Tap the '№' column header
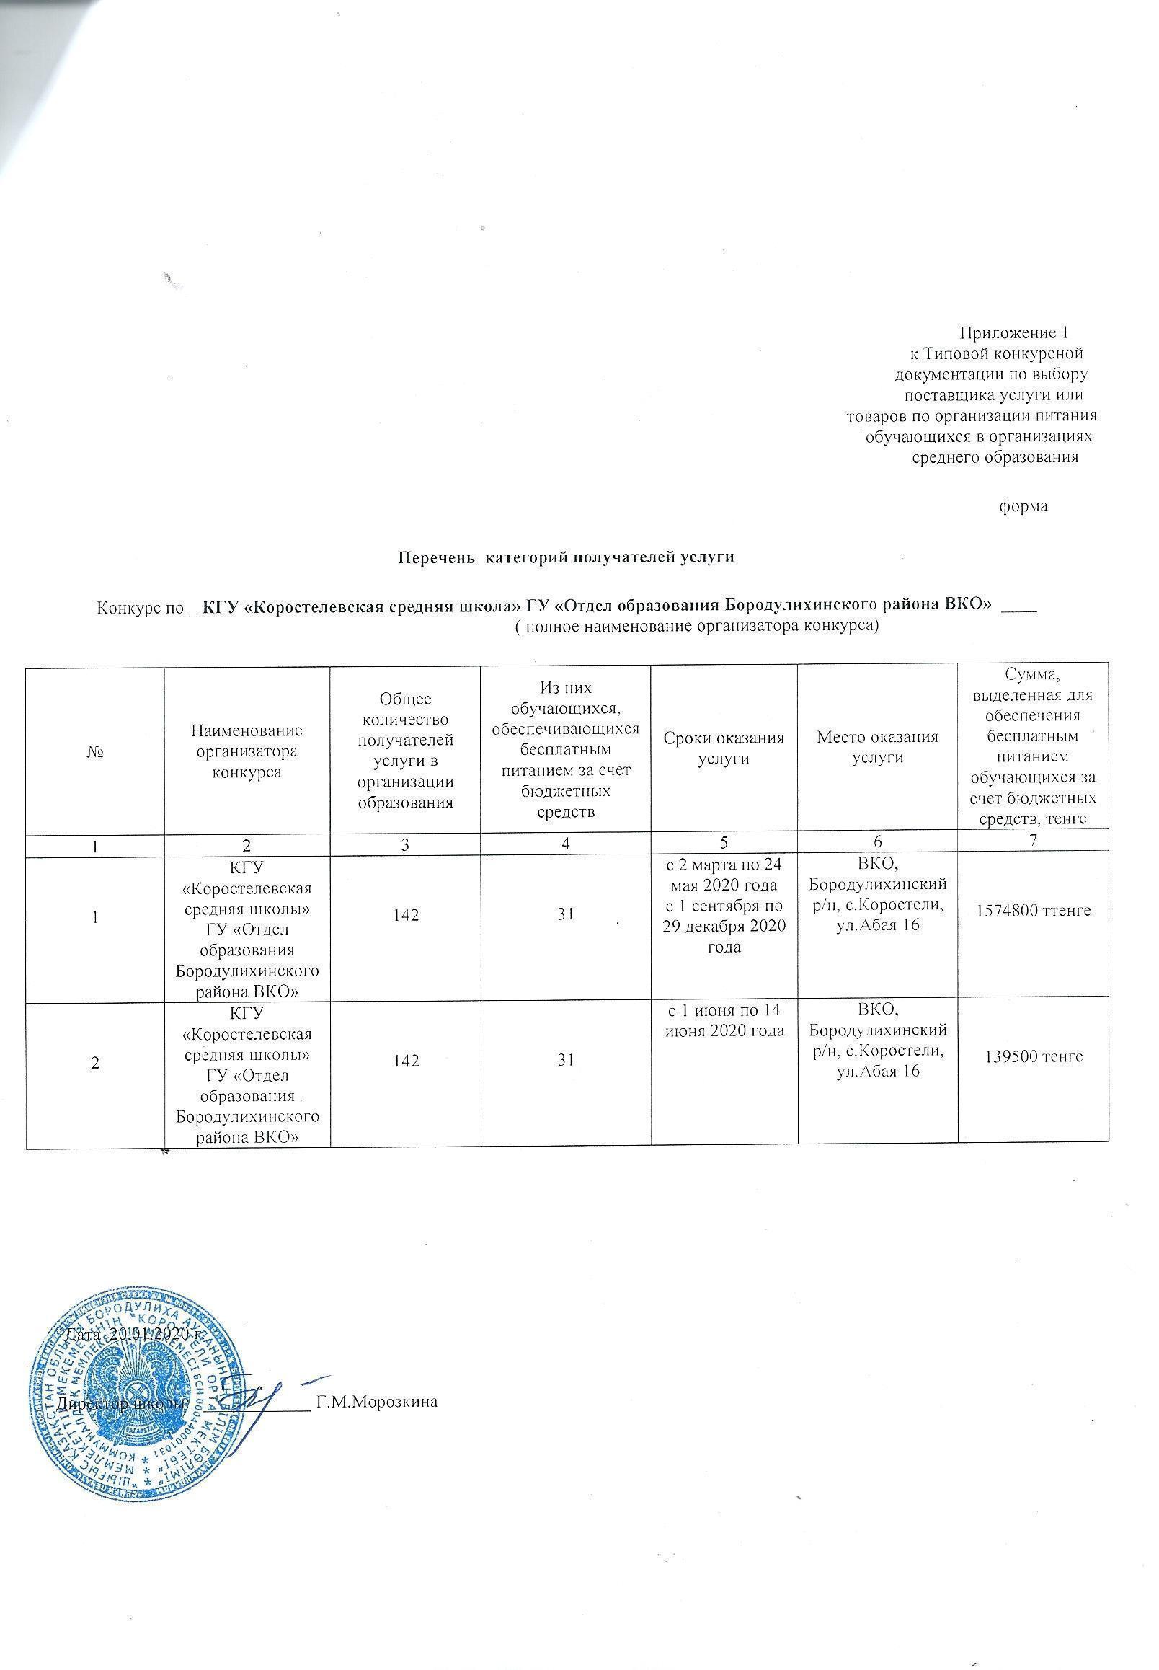pos(96,751)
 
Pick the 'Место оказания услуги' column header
pos(877,747)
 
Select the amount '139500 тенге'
pos(1034,1056)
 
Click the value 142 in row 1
pos(405,915)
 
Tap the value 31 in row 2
pos(566,1061)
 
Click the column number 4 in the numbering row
pos(566,841)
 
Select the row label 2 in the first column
pos(96,1061)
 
